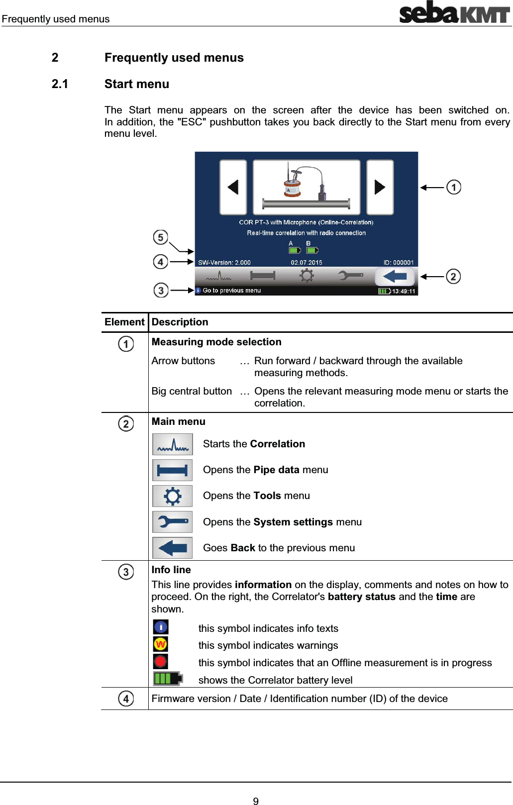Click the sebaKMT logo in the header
(x=454, y=12)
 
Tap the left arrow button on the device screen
(x=233, y=187)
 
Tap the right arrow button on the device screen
(x=380, y=187)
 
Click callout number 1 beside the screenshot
(x=454, y=187)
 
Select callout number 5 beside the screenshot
(x=160, y=237)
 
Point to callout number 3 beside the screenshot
(x=161, y=290)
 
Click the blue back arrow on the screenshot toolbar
(x=395, y=276)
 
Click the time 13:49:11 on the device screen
(x=404, y=291)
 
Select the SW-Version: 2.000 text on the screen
(x=224, y=262)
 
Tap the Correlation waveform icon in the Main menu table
(x=172, y=444)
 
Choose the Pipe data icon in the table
(x=172, y=470)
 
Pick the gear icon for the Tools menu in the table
(x=172, y=496)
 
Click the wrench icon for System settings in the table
(x=172, y=522)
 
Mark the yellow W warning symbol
(x=160, y=644)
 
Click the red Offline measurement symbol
(x=160, y=661)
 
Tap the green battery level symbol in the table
(x=168, y=679)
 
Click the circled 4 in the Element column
(x=126, y=699)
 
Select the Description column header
(x=180, y=322)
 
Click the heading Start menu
(x=136, y=84)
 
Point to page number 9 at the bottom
(x=256, y=801)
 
